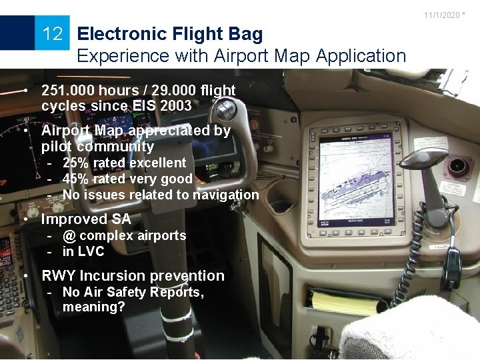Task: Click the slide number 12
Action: (x=52, y=33)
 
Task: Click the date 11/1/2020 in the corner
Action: (x=441, y=15)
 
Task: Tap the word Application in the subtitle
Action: (x=361, y=56)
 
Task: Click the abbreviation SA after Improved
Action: (x=121, y=219)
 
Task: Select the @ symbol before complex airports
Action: (x=69, y=235)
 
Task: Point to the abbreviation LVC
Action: (x=92, y=251)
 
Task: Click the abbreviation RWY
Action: (x=59, y=275)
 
